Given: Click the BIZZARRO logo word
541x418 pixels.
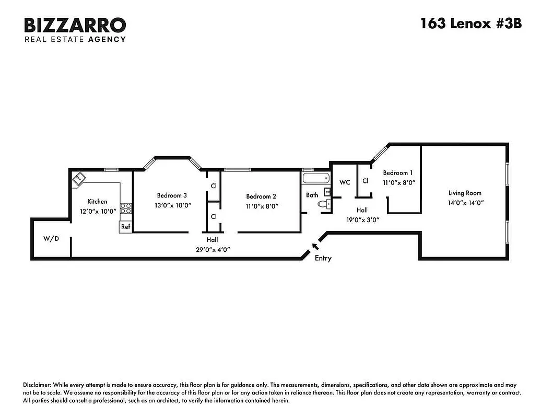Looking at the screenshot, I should coord(75,25).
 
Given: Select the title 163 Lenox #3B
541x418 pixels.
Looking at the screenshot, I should coord(471,24).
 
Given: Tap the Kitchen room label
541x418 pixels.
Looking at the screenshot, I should coord(97,201).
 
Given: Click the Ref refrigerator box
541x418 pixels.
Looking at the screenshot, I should coord(125,227).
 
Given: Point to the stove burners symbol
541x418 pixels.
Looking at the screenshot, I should coord(126,209).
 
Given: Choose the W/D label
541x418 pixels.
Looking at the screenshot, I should coord(51,239).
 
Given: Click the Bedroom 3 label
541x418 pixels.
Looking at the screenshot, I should coord(172,195).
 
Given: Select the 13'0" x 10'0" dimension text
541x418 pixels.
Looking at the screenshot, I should coord(172,205).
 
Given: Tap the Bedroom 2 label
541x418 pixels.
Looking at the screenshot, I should coord(261,196).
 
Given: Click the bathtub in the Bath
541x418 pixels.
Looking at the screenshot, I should coord(315,179).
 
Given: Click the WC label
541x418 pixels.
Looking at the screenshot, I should coord(345,182).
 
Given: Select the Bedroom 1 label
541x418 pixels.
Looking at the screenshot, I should coord(398,173).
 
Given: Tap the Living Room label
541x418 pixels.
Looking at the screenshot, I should coord(465,193).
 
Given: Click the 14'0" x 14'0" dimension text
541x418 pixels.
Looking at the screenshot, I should coord(465,203).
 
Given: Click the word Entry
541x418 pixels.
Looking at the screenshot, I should coord(323,258).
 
